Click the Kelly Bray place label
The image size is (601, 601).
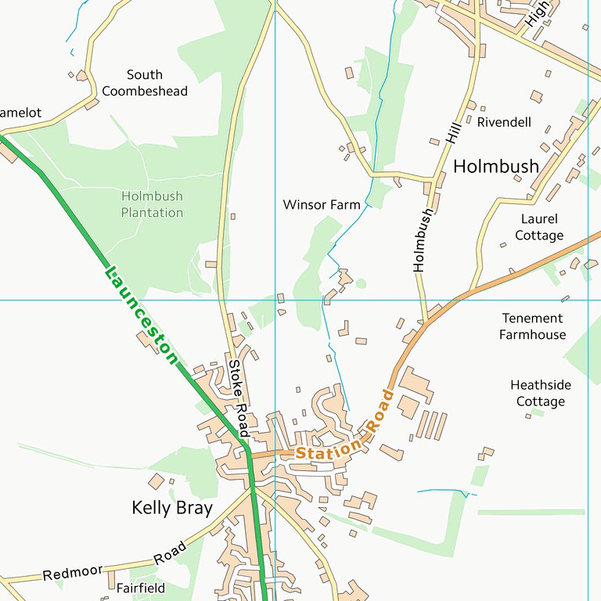click(x=172, y=508)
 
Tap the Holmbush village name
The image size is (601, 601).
click(x=496, y=166)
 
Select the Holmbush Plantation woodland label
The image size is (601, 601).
click(x=152, y=204)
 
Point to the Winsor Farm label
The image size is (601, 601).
click(x=322, y=205)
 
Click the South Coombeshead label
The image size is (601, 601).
click(x=145, y=83)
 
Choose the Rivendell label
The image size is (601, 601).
click(x=504, y=122)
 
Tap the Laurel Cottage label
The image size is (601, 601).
click(x=539, y=227)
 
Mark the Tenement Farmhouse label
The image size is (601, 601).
click(x=533, y=326)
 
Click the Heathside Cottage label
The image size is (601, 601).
click(x=540, y=393)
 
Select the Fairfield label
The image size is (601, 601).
click(x=141, y=587)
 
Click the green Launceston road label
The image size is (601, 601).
click(x=141, y=315)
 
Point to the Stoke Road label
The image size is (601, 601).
click(x=238, y=398)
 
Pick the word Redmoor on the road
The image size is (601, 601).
click(x=73, y=573)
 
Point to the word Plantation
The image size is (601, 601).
click(x=152, y=213)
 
